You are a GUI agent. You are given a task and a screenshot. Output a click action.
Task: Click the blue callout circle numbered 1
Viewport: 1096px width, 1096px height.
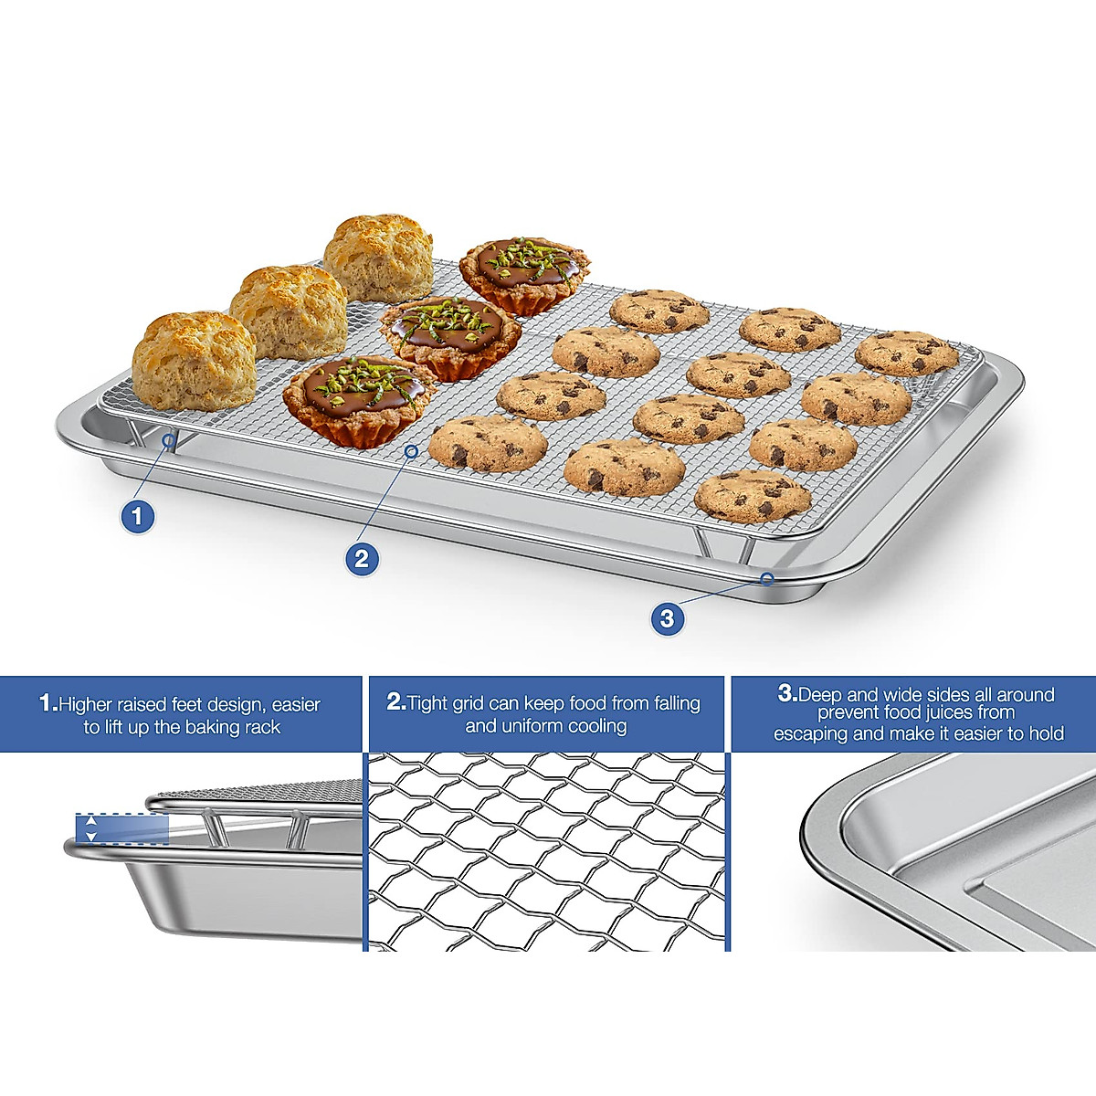137,517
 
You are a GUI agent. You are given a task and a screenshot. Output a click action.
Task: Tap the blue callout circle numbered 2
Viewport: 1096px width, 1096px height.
362,558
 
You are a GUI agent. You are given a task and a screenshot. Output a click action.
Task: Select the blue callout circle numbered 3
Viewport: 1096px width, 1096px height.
668,618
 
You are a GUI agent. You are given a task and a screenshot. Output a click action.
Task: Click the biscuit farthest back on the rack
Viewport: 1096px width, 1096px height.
378,258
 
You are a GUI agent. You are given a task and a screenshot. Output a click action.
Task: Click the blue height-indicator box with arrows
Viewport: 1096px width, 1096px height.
122,828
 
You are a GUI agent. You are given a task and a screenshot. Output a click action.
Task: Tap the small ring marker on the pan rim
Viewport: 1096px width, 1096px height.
767,578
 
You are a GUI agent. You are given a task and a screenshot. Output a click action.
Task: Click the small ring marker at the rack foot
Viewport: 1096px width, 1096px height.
169,441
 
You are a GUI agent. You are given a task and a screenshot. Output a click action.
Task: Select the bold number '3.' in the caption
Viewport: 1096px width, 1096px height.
787,694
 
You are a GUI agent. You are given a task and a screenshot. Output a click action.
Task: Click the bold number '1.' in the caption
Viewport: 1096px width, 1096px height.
48,704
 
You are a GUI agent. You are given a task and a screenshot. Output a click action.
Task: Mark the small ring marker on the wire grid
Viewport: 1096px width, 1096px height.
412,450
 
